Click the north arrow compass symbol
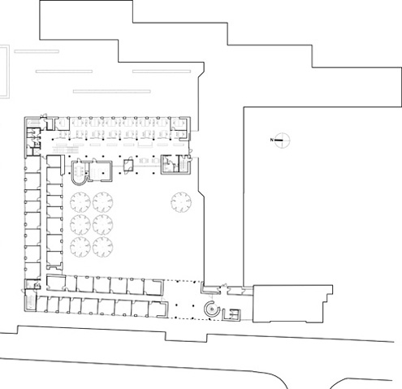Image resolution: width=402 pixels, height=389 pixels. coord(282,140)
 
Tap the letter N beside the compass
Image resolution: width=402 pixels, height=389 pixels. coord(271,140)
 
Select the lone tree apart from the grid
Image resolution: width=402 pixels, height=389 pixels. coord(181,202)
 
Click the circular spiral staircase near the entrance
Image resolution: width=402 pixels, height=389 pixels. coord(212,309)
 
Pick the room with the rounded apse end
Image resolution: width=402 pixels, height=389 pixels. coord(80,173)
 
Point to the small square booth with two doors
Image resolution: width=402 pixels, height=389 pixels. coord(128,166)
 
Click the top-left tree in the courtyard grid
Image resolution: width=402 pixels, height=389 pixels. coord(80,202)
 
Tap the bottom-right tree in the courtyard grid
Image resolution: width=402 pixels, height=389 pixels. coord(103,247)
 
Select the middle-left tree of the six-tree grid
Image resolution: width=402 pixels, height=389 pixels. coord(80,224)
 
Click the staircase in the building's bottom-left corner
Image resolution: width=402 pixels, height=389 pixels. coord(30,303)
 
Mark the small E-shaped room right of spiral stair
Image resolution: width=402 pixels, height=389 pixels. coord(231,315)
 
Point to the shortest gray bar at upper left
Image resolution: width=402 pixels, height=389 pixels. coord(37,51)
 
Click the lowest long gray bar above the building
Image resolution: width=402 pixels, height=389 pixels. coord(112,92)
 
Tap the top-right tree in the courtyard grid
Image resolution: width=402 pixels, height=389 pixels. coord(103,202)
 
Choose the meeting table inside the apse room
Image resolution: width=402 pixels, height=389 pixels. coord(80,171)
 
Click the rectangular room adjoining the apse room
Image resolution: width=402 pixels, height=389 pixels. coord(101,171)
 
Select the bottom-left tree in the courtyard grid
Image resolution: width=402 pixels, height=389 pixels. coord(80,247)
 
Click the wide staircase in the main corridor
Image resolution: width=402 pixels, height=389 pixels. coord(66,150)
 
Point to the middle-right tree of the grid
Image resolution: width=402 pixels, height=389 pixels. coord(103,224)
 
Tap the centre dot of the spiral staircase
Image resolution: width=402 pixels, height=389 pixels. coord(213,309)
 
